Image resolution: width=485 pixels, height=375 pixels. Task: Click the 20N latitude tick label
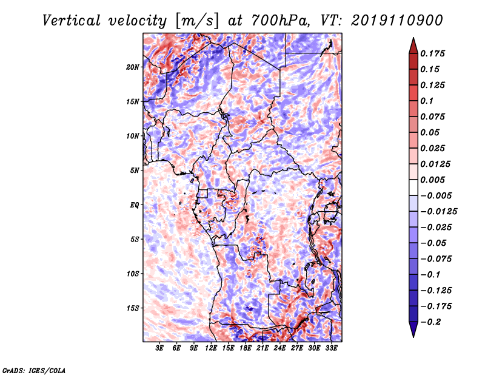(x=133, y=67)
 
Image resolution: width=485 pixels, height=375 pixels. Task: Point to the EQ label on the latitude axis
(x=134, y=205)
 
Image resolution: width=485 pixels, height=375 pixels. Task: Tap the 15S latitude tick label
(x=133, y=308)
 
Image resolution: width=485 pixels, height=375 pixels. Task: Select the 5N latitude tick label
(x=135, y=171)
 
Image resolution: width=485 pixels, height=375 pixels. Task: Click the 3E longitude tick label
(x=159, y=348)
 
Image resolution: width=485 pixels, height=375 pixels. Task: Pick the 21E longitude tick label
(x=263, y=348)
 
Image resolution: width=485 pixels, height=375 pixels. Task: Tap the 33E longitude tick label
(x=331, y=348)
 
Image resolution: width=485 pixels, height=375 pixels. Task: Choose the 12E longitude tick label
(x=211, y=348)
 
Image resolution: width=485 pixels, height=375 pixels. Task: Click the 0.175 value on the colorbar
(x=432, y=53)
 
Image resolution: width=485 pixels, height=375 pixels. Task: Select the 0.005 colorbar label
(x=432, y=180)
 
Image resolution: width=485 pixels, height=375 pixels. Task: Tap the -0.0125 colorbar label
(x=438, y=212)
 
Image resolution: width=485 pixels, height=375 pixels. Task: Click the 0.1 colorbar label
(x=427, y=101)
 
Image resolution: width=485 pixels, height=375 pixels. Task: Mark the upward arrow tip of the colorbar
(x=413, y=38)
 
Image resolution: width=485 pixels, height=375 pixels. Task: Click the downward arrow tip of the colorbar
(x=413, y=337)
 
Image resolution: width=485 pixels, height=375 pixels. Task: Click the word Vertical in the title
(x=72, y=21)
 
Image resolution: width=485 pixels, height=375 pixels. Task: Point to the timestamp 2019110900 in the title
(x=397, y=21)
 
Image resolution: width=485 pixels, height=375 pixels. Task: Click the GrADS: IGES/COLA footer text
(x=34, y=371)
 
